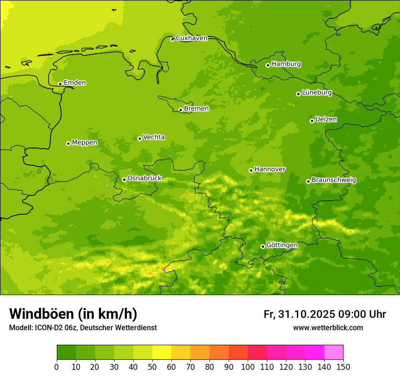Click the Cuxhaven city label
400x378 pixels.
tap(191, 38)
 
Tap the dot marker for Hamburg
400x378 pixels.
tap(268, 65)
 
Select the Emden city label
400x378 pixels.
tap(75, 83)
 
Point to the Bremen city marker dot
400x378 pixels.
tap(180, 110)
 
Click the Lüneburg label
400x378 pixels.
tap(316, 92)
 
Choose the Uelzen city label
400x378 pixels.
tap(326, 119)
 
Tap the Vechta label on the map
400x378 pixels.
tap(154, 137)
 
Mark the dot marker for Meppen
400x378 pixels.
tap(68, 143)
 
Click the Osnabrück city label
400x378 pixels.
tap(145, 178)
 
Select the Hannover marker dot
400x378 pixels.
tap(251, 170)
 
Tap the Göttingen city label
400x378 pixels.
tap(282, 245)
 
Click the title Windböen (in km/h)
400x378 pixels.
tap(73, 314)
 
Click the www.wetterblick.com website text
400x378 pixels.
tap(328, 327)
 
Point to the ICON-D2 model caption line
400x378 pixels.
tap(83, 327)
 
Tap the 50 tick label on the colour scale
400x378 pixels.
tap(152, 367)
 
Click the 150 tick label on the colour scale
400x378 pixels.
tap(343, 367)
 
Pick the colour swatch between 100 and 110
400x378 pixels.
tap(257, 352)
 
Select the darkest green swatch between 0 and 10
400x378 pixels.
tap(66, 352)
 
